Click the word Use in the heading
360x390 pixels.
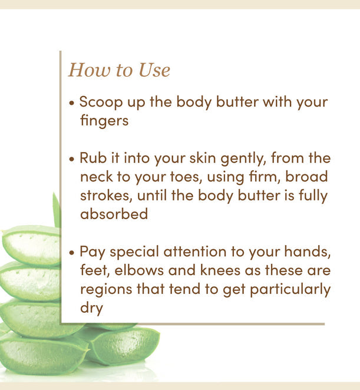pyautogui.click(x=154, y=70)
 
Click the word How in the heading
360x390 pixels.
pyautogui.click(x=90, y=70)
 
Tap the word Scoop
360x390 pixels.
pyautogui.click(x=101, y=103)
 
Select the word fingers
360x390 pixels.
pyautogui.click(x=104, y=121)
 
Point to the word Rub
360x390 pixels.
pyautogui.click(x=93, y=158)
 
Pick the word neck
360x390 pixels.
pyautogui.click(x=96, y=177)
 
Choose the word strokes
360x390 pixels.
pyautogui.click(x=106, y=196)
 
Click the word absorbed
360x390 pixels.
pyautogui.click(x=114, y=214)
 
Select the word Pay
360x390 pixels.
pyautogui.click(x=93, y=252)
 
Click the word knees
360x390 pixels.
pyautogui.click(x=220, y=270)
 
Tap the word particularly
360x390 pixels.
pyautogui.click(x=290, y=289)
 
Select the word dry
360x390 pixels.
pyautogui.click(x=91, y=309)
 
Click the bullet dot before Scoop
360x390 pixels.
pyautogui.click(x=72, y=103)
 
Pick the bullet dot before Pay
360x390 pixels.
pyautogui.click(x=72, y=253)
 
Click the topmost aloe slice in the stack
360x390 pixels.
pyautogui.click(x=32, y=245)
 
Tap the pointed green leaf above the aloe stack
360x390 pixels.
pyautogui.click(x=57, y=210)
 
